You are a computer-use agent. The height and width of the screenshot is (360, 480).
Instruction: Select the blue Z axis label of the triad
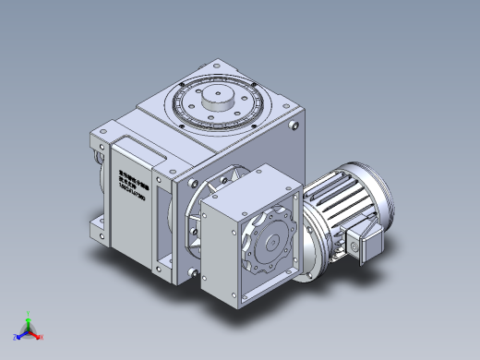tap(16, 334)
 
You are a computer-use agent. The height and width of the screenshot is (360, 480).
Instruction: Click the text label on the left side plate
tap(136, 175)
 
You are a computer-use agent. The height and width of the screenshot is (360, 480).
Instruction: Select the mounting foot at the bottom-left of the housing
tap(98, 225)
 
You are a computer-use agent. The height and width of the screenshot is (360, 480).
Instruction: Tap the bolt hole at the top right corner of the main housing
tap(294, 126)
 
